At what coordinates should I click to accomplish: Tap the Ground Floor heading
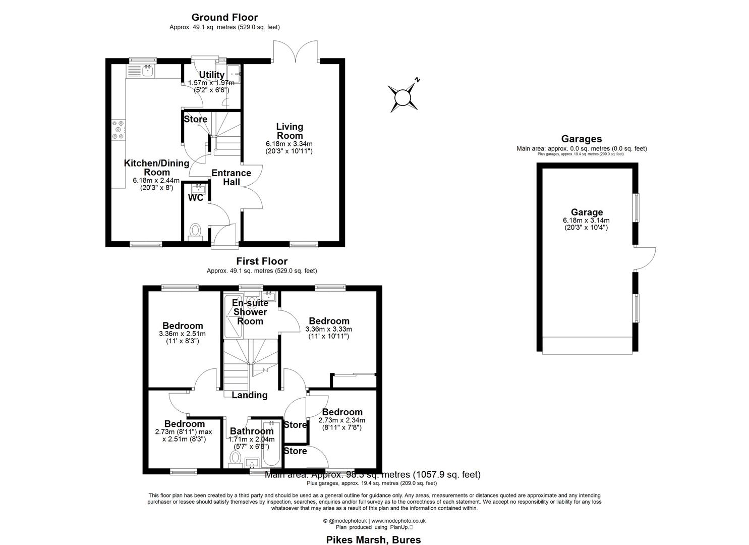coord(224,18)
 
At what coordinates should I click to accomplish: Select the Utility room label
coord(211,75)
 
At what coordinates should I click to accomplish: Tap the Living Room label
coord(290,131)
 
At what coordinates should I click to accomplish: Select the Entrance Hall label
coord(231,177)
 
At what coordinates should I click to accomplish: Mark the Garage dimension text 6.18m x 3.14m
coord(586,221)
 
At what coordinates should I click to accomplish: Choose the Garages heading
coord(581,139)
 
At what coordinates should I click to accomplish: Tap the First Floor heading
coord(262,261)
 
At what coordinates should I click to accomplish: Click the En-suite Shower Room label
coord(250,312)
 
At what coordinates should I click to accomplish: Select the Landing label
coord(249,395)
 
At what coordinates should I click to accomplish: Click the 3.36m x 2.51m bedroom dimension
coord(182,334)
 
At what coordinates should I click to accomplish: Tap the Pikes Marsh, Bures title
coord(373,539)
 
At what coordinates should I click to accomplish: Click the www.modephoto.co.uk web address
coord(398,521)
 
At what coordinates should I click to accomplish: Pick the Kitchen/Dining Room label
coord(156,168)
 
